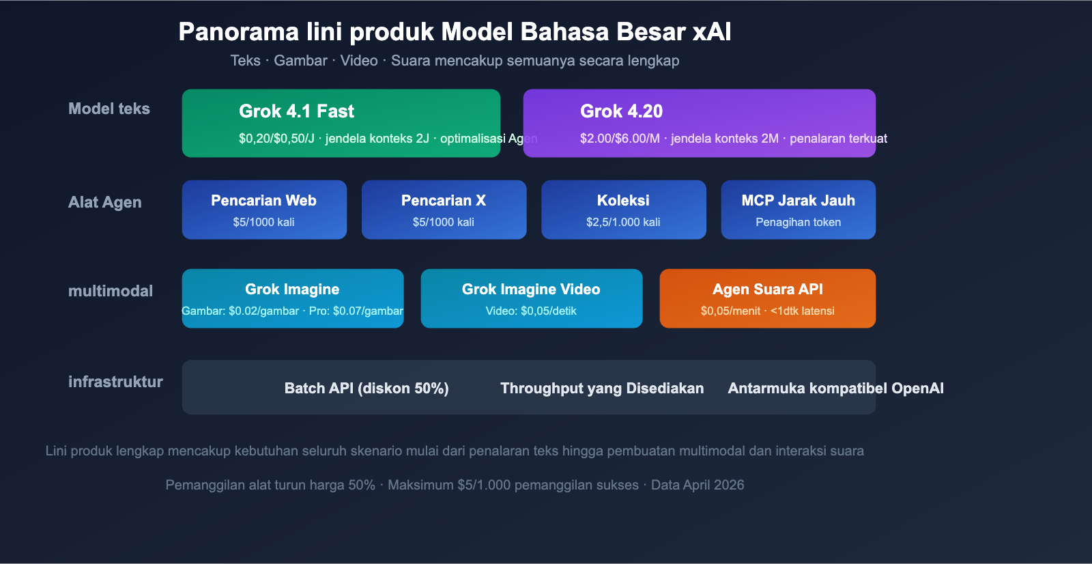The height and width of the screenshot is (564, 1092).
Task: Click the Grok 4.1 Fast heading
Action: coord(296,111)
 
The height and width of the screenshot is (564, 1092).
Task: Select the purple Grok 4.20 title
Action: coord(621,111)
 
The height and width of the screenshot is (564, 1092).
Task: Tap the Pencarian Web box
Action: coord(264,210)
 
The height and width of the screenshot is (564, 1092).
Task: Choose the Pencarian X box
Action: coord(444,210)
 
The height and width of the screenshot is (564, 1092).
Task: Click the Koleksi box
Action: coord(623,210)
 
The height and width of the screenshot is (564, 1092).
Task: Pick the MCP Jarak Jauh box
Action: coord(798,210)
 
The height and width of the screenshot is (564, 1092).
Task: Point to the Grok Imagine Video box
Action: coord(531,298)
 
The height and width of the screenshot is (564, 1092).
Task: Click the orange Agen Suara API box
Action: coord(767,298)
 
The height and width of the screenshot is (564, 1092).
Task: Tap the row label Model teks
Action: coord(109,109)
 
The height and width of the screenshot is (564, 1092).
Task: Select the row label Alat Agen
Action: coord(105,203)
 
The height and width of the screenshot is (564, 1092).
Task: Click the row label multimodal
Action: coord(111,292)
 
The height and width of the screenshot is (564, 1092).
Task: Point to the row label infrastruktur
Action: coord(115,382)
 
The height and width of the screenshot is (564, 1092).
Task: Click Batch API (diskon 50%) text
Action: coord(367,389)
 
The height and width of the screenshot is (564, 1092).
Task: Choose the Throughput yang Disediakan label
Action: coord(602,389)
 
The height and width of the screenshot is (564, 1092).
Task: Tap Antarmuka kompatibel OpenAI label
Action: coord(835,389)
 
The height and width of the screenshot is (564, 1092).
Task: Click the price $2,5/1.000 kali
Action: coord(623,223)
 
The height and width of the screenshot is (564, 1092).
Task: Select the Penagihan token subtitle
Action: coord(798,223)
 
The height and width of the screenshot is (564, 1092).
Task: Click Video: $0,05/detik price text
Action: coord(531,311)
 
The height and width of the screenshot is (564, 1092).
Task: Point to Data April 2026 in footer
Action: coord(698,485)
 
